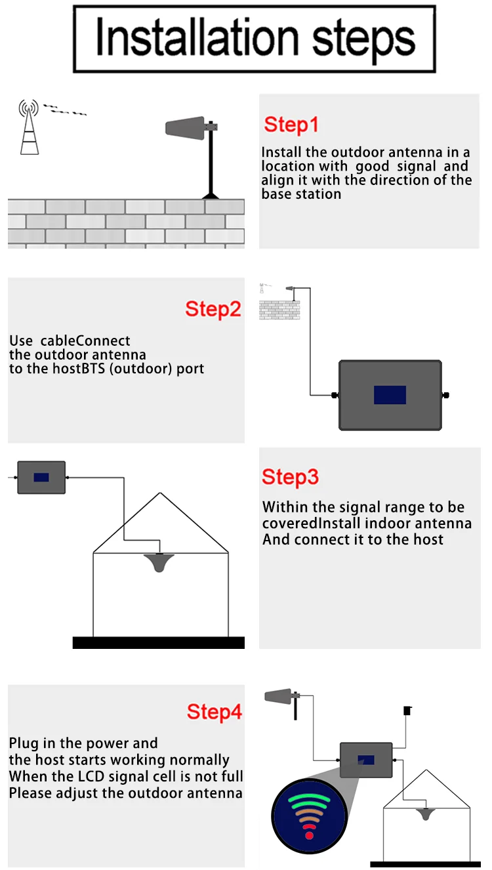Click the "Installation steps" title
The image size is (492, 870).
tap(255, 38)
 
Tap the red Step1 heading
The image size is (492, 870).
tap(291, 125)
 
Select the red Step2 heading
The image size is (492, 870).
tap(213, 309)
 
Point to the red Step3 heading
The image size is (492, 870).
tap(290, 477)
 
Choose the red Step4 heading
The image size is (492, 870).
tap(215, 712)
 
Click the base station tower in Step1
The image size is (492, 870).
tap(29, 127)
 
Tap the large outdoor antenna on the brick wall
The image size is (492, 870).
tap(186, 127)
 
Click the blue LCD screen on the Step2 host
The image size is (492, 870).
tap(390, 395)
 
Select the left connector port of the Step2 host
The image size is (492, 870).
tap(334, 395)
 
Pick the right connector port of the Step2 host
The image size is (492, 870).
tap(446, 395)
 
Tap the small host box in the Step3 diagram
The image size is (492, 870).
tap(41, 478)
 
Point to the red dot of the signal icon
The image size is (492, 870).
tap(310, 835)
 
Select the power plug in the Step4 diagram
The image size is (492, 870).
tap(407, 711)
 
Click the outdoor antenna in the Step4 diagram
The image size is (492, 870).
tap(281, 695)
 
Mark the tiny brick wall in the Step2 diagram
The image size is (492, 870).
tap(279, 310)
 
